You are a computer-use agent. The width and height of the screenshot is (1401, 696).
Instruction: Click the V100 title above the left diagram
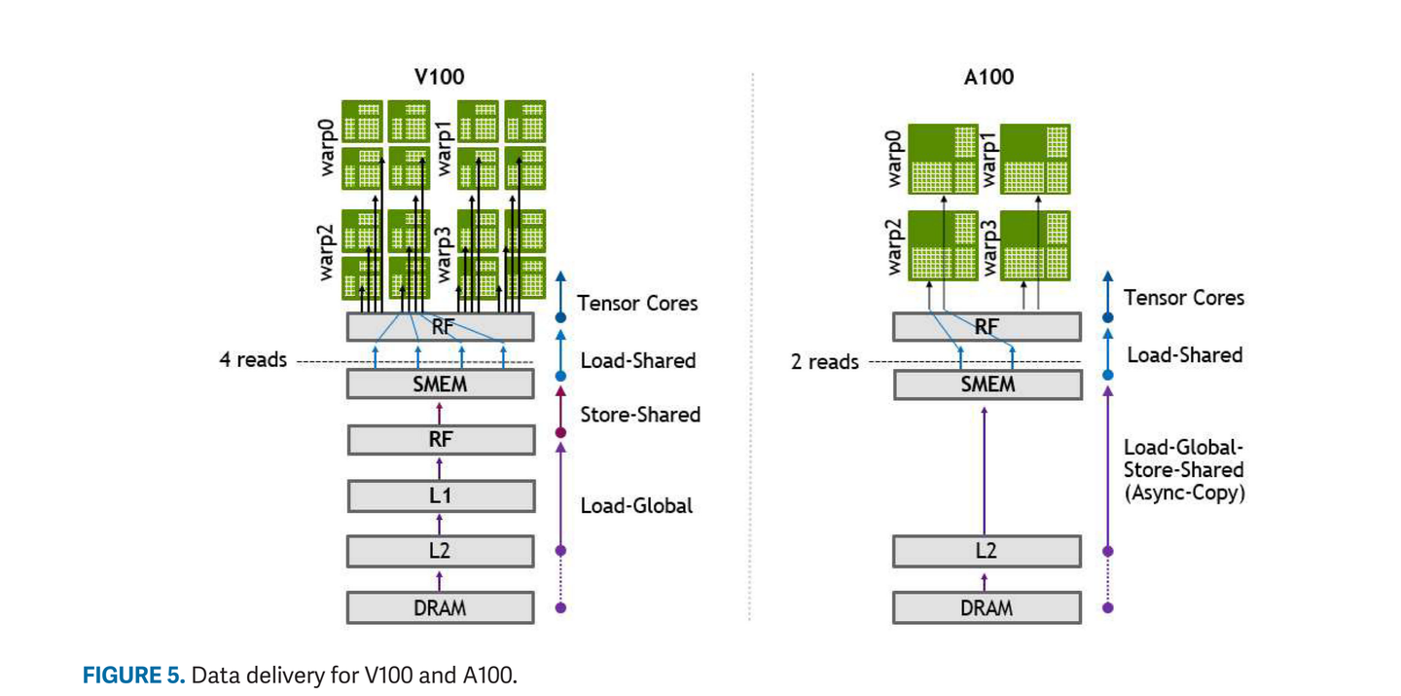(440, 77)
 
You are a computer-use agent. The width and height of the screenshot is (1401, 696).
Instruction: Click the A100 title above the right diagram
(988, 77)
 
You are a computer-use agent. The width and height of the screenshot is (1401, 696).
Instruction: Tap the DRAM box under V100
(440, 607)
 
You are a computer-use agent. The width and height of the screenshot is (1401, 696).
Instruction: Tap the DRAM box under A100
(987, 607)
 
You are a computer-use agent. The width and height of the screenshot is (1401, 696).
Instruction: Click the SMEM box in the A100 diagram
(987, 385)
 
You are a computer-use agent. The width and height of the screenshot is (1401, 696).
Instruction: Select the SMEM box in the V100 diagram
(440, 385)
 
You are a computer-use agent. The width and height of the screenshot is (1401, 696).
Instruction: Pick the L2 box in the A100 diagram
(987, 551)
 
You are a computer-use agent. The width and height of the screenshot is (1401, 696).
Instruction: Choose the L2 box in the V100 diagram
(440, 551)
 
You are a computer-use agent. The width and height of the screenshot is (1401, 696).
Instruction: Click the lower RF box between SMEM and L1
(440, 440)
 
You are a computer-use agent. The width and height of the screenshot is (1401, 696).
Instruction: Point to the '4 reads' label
(253, 360)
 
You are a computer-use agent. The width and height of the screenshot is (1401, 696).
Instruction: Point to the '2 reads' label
(824, 362)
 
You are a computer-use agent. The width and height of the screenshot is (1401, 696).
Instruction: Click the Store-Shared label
(640, 415)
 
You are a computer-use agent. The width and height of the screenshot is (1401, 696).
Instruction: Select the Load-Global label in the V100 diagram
(636, 505)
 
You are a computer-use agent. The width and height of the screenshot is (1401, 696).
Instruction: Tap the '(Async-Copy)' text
(1184, 493)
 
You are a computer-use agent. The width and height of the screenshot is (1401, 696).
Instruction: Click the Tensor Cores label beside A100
(1183, 298)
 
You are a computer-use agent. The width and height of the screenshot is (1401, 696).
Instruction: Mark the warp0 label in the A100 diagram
(894, 156)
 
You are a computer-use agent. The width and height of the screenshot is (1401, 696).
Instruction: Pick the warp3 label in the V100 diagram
(445, 252)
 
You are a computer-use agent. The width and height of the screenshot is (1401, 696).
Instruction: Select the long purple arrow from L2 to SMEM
(985, 467)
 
